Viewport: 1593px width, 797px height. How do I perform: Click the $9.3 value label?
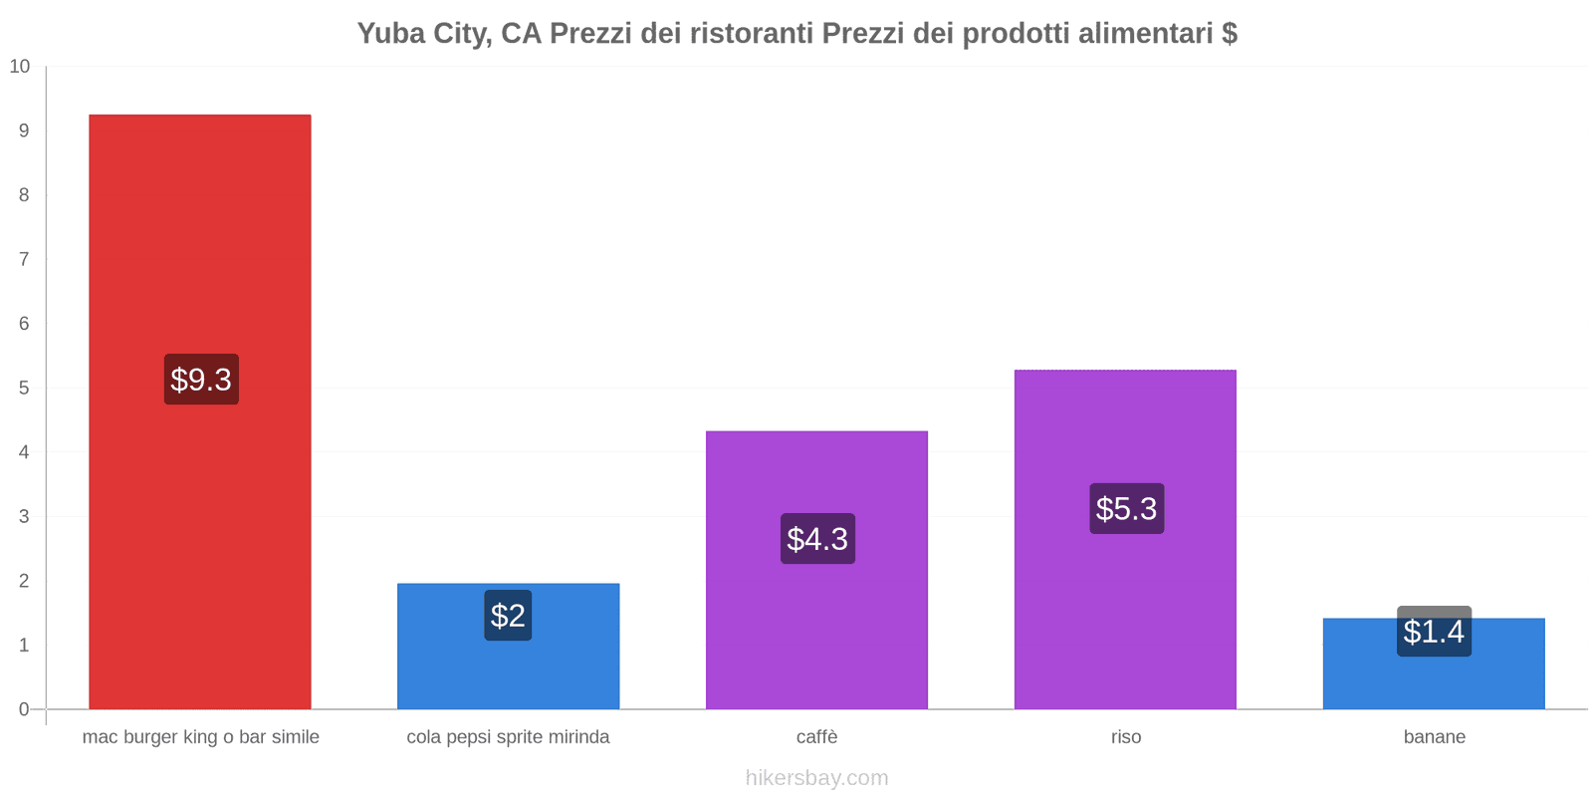[x=201, y=380]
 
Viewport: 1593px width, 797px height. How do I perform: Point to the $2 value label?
[x=508, y=616]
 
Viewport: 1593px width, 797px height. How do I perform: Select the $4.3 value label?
[x=817, y=539]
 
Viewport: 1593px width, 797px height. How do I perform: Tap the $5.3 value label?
[x=1126, y=509]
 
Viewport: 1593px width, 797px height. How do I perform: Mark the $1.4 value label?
[x=1434, y=632]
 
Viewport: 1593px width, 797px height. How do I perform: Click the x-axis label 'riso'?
[x=1126, y=737]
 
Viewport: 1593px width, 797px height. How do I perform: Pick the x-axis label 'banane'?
[x=1434, y=737]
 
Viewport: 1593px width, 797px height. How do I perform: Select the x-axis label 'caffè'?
[x=816, y=737]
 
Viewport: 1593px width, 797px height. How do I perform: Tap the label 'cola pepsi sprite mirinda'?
[x=508, y=737]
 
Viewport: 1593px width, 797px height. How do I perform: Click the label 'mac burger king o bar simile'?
[x=201, y=737]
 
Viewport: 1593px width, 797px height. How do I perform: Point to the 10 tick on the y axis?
[x=20, y=67]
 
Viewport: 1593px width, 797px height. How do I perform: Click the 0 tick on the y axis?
[x=24, y=709]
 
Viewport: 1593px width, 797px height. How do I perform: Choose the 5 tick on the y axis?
[x=24, y=388]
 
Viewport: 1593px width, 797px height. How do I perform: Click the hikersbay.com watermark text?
[x=816, y=778]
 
